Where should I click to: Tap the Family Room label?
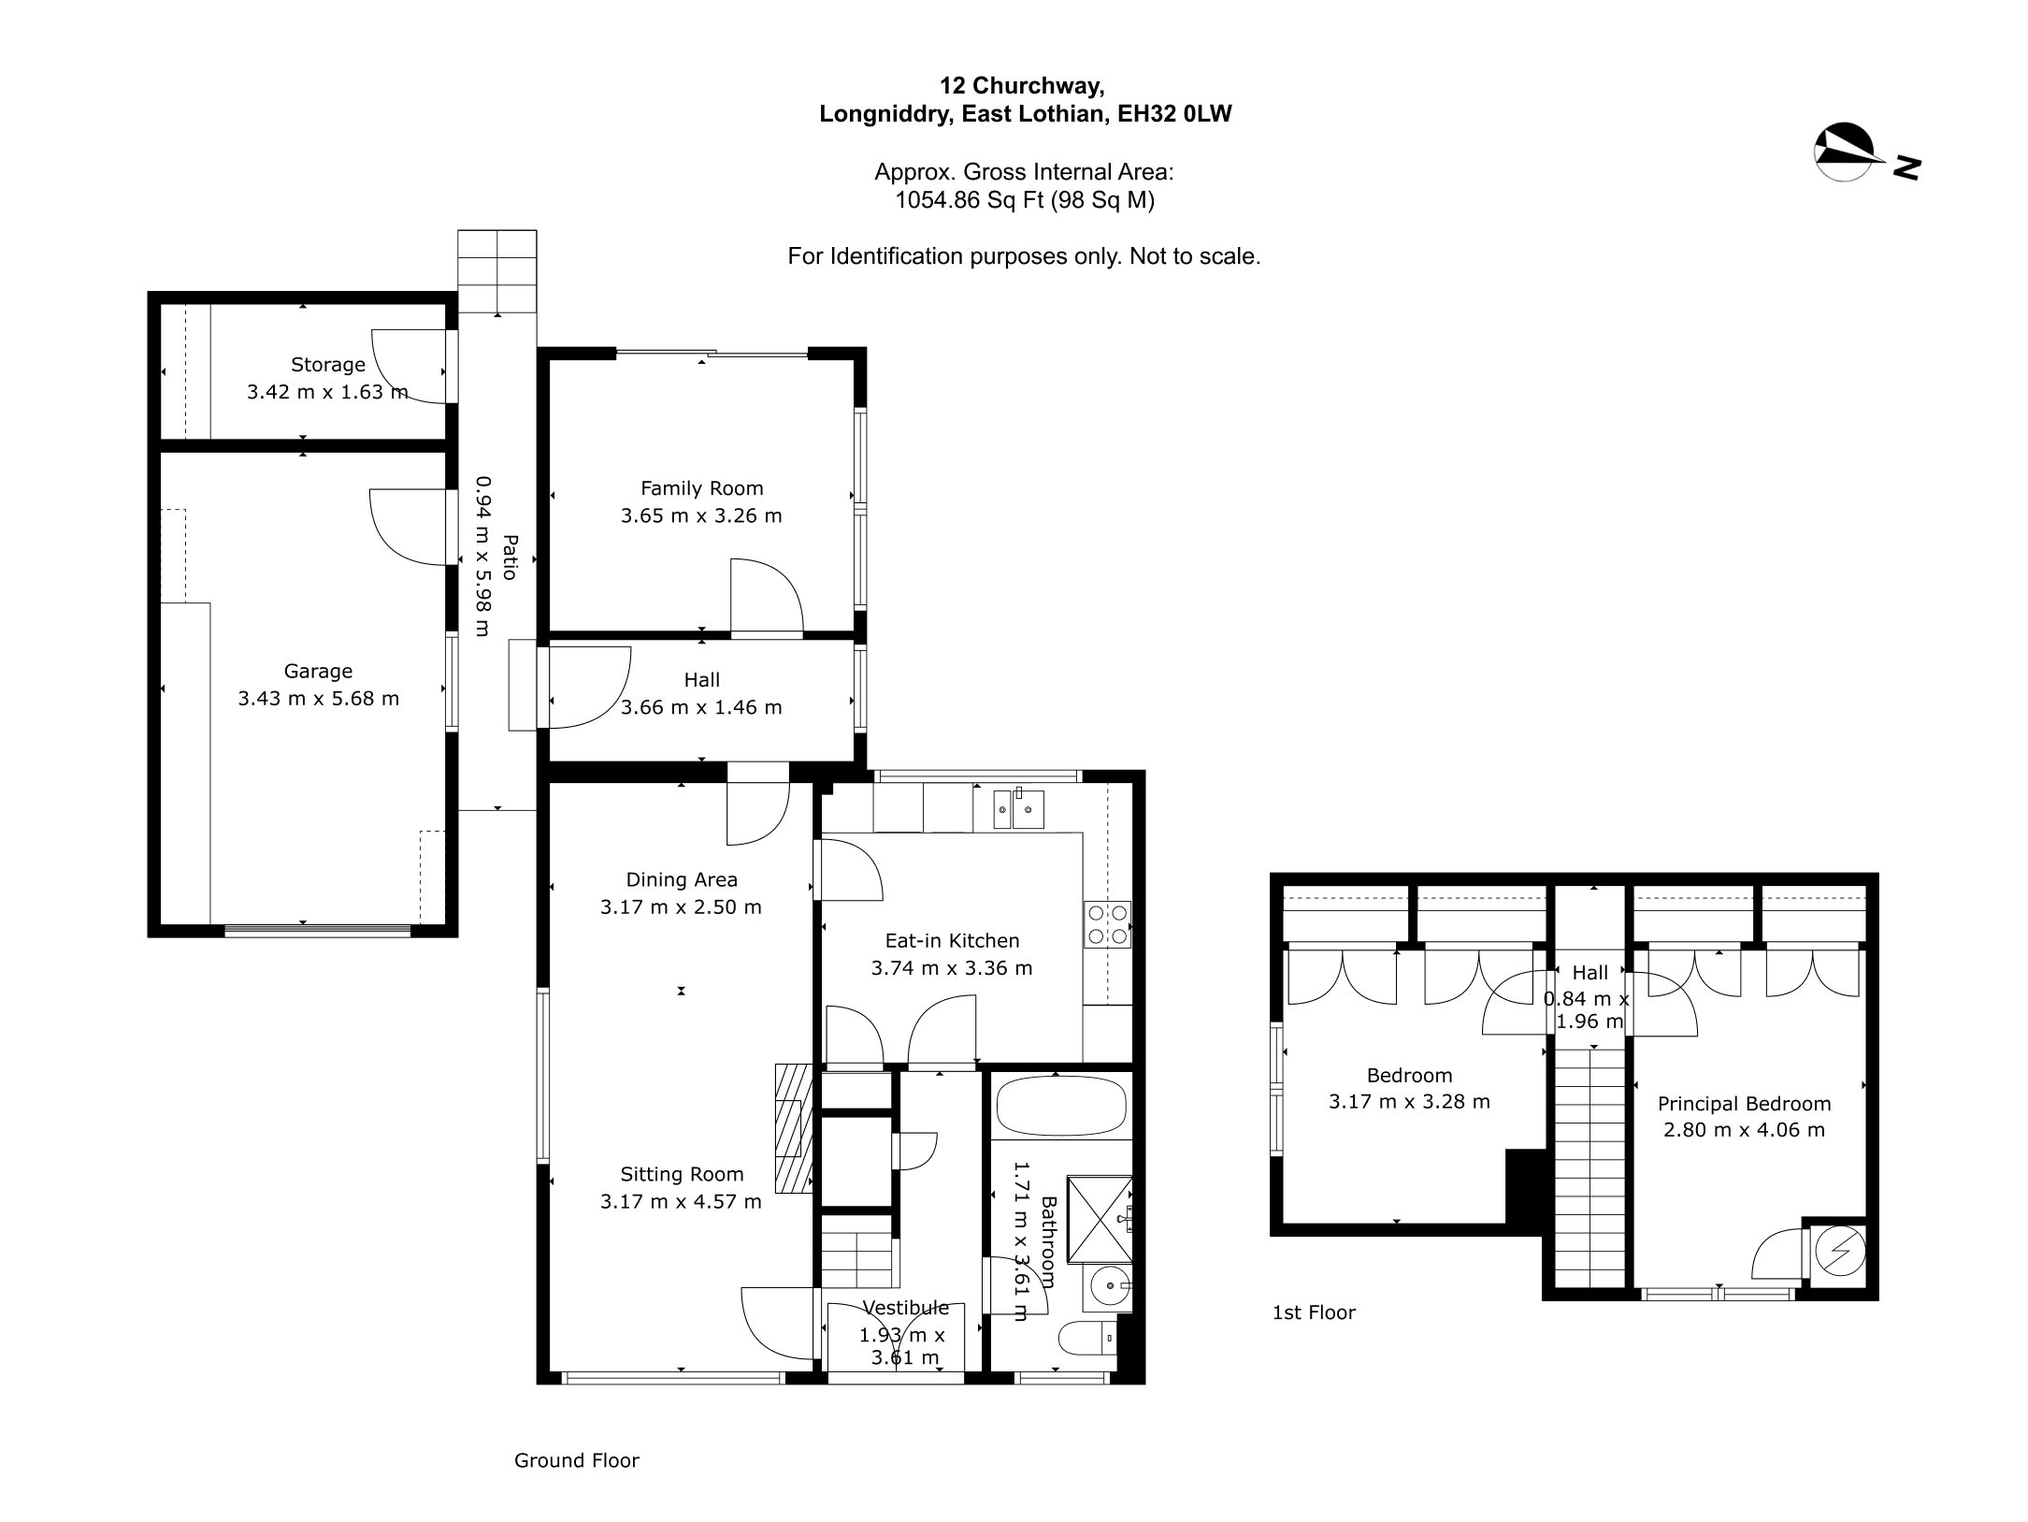701,488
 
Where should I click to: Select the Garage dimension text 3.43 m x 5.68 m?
318,699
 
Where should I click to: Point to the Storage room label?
327,365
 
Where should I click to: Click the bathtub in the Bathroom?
1061,1106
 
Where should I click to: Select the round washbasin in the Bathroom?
1110,1288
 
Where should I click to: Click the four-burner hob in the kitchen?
1108,924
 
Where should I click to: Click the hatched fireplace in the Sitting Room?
792,1128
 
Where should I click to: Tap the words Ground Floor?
577,1460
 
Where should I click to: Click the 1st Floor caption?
1314,1312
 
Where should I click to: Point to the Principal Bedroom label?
1744,1104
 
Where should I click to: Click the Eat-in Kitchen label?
952,941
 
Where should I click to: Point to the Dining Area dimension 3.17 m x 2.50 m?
681,906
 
